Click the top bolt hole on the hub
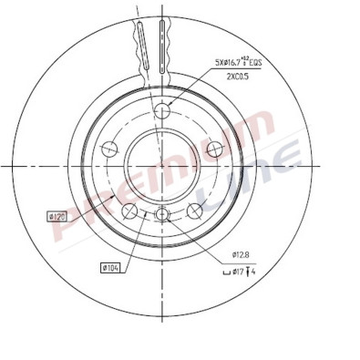[163, 112]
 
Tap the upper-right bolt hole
[216, 148]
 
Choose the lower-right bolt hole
[194, 211]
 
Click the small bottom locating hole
[162, 214]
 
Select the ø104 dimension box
[112, 267]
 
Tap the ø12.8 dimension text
[242, 254]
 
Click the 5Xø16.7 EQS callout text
[247, 63]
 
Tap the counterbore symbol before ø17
[227, 271]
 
